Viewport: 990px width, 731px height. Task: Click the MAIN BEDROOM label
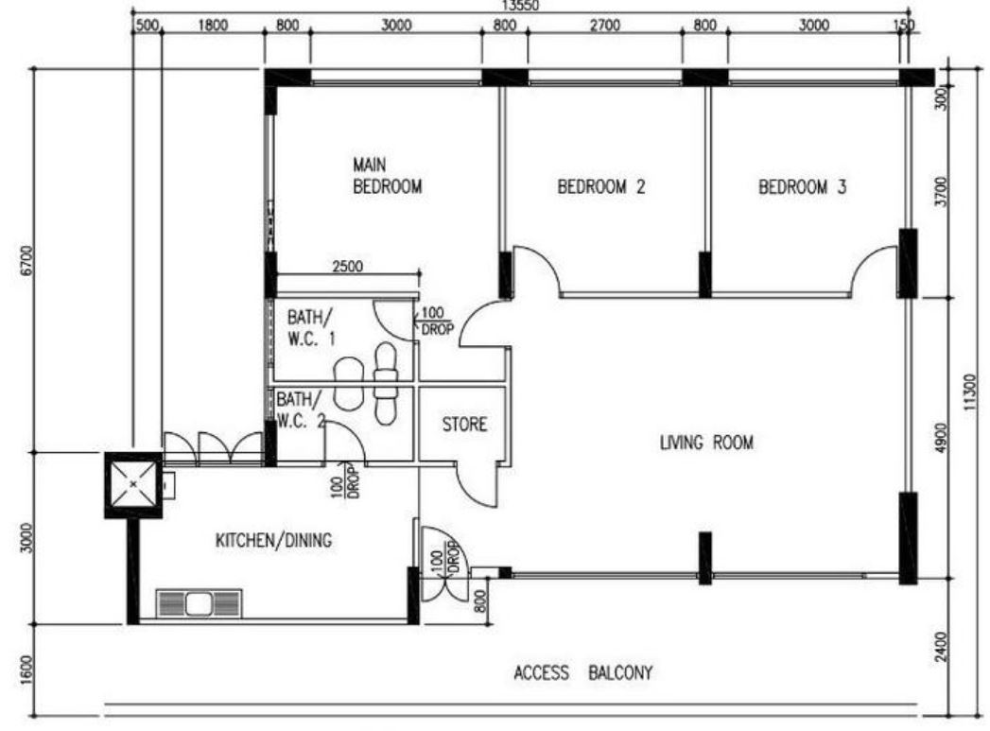[x=387, y=176]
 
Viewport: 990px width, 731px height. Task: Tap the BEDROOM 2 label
[x=601, y=187]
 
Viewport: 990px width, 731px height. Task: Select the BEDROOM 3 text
[x=802, y=187]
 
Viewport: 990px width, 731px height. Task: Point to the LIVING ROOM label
[x=706, y=443]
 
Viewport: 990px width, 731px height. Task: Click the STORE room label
[x=464, y=425]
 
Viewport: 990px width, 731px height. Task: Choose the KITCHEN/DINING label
[x=273, y=540]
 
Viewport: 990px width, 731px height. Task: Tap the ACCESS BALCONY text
[x=582, y=673]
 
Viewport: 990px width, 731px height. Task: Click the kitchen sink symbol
[x=199, y=602]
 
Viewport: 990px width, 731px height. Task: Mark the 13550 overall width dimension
[x=520, y=6]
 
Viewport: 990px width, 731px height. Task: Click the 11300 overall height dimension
[x=973, y=392]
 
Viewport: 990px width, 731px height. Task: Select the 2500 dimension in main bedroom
[x=348, y=267]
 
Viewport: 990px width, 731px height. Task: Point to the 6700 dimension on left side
[x=26, y=260]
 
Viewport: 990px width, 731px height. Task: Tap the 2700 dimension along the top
[x=605, y=26]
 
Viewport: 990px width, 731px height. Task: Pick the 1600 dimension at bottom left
[x=26, y=668]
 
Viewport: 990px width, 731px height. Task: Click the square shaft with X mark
[x=133, y=485]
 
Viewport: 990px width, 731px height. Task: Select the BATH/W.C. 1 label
[x=311, y=327]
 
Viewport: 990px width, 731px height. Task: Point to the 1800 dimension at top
[x=213, y=26]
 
